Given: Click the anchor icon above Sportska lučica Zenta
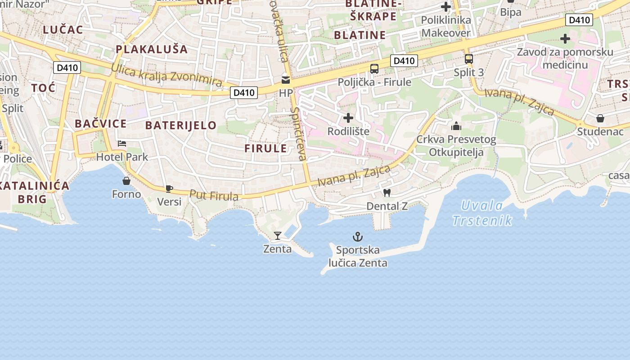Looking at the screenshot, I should coord(358,236).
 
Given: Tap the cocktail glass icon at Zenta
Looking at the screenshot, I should coord(278,235).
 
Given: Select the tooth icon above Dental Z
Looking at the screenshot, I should coord(386,193).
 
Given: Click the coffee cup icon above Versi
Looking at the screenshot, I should coord(169,189).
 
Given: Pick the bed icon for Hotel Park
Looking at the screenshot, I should coord(121,144).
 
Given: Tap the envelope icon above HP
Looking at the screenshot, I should coord(286,80).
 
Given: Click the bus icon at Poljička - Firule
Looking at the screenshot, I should coord(374,69).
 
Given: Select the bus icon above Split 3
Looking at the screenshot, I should coord(468,58).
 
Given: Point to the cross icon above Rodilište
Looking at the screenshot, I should coord(348,118).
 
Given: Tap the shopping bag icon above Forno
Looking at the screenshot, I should coord(126,181).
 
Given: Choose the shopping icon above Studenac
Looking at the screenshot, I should coord(600,118).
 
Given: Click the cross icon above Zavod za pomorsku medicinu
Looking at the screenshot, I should coord(565,39).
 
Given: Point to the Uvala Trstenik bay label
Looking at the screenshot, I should coord(482,213).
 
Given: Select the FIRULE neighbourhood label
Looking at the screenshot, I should coord(265,148).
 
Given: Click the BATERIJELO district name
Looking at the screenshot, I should coord(181,125).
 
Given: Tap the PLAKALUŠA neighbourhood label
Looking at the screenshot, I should coord(152,49).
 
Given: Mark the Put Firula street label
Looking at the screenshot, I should coord(214,195).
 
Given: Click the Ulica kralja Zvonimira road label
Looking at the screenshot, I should coord(166,75).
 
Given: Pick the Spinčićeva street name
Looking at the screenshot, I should coord(298,134).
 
